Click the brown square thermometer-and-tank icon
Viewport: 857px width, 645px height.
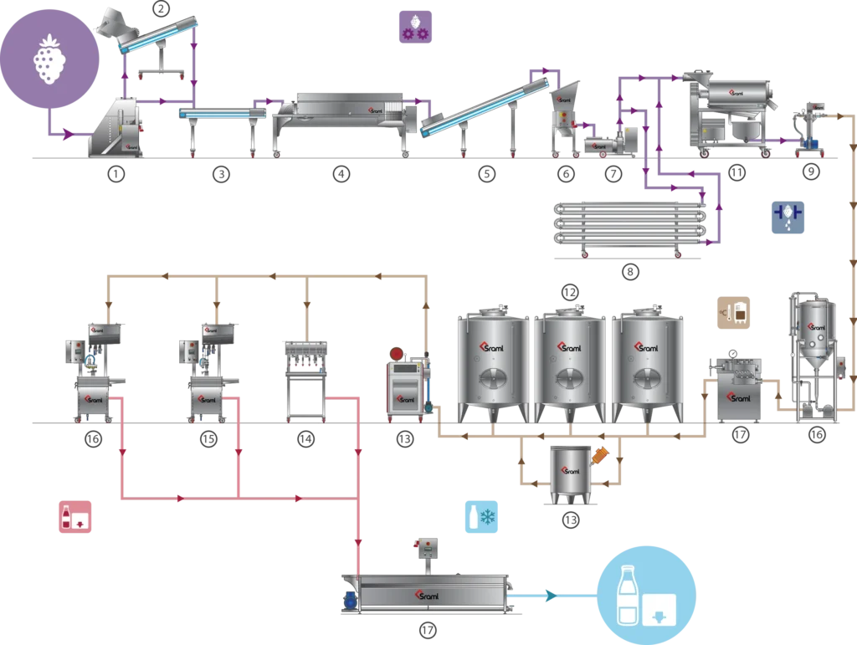pyautogui.click(x=737, y=310)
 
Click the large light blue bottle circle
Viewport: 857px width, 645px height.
pyautogui.click(x=645, y=593)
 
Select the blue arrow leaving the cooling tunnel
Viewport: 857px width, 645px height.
pyautogui.click(x=548, y=596)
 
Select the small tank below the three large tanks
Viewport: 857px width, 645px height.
pyautogui.click(x=569, y=473)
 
